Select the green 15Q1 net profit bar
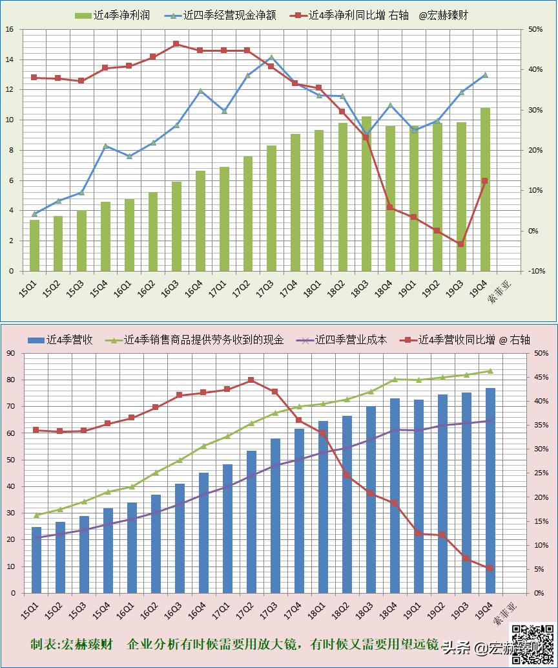pos(34,245)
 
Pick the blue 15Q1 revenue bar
pos(36,560)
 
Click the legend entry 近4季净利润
pos(112,15)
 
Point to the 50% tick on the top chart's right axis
pos(535,30)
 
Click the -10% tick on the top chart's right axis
pos(535,271)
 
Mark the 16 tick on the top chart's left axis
pos(10,30)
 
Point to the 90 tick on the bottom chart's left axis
pos(10,353)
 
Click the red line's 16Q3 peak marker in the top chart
pos(176,44)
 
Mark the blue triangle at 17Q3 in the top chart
pos(271,58)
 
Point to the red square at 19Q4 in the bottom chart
pos(490,568)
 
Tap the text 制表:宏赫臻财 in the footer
pos(71,645)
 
